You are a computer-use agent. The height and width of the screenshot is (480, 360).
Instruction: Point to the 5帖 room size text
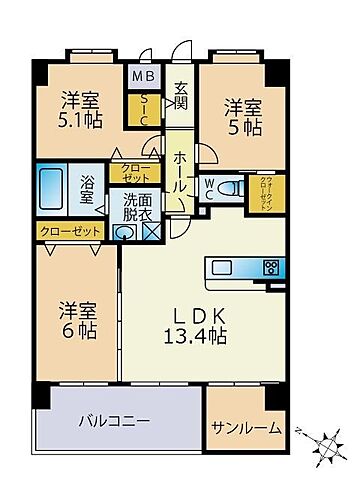[243, 127]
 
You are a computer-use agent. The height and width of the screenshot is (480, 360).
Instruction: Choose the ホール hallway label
[181, 172]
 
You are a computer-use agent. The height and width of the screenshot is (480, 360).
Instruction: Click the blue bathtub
[52, 187]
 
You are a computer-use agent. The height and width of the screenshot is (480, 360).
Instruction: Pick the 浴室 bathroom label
[88, 189]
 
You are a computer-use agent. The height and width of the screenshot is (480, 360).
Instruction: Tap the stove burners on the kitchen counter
[269, 267]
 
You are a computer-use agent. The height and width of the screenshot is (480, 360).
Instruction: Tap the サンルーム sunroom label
[246, 428]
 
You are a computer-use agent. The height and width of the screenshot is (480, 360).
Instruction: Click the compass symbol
[327, 440]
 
